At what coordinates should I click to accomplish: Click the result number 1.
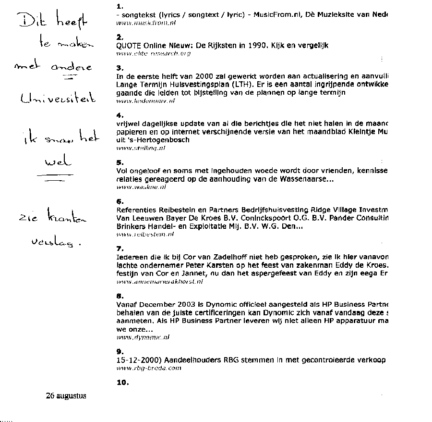120,7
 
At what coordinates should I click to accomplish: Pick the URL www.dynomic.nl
143,337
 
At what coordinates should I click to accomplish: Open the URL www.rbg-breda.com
149,368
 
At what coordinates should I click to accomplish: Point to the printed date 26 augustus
66,396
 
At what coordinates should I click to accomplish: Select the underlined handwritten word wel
57,163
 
